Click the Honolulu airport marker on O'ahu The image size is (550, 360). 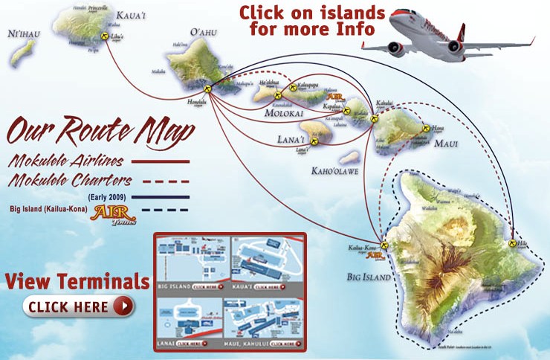point(208,89)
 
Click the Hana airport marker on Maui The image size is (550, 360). point(426,127)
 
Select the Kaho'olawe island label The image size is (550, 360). point(337,170)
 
